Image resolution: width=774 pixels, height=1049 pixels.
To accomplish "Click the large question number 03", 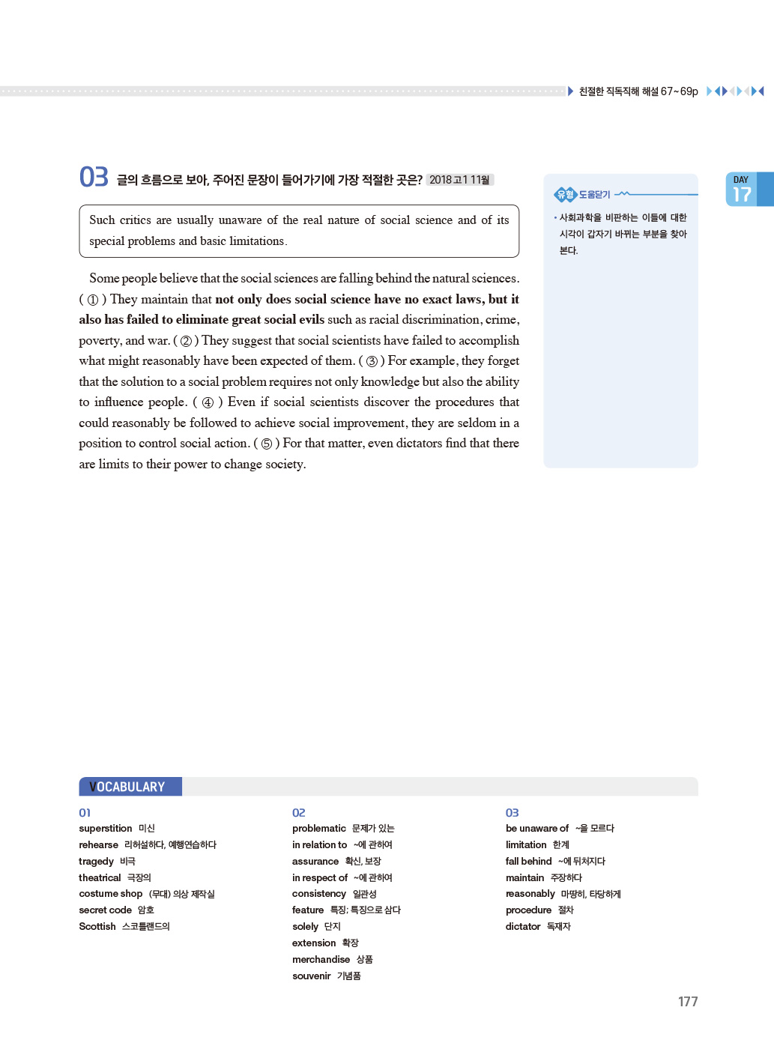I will [94, 177].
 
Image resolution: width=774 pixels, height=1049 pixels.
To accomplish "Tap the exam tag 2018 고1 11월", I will [459, 180].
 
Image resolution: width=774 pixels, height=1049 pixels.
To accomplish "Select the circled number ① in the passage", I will [93, 300].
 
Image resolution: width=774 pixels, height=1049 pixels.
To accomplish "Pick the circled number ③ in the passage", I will [372, 361].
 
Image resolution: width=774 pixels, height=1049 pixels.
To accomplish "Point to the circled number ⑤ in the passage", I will [266, 444].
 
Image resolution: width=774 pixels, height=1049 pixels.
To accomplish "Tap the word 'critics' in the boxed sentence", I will [135, 220].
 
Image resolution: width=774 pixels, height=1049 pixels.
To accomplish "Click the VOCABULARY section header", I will [130, 787].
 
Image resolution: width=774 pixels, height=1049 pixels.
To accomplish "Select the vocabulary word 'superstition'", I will [105, 829].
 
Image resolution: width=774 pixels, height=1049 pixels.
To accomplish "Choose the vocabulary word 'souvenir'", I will [311, 976].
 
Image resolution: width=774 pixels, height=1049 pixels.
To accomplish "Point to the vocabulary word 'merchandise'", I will [321, 960].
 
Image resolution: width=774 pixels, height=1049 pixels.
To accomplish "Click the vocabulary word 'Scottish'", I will [97, 927].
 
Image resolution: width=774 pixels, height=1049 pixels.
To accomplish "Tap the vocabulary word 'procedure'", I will [528, 910].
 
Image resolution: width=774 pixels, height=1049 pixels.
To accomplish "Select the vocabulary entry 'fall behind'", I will [528, 862].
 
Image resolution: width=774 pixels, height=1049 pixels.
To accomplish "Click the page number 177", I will [687, 1002].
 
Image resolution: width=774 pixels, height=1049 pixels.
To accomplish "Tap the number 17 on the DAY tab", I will [742, 195].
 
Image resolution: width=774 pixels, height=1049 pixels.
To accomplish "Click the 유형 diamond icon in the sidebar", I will [565, 195].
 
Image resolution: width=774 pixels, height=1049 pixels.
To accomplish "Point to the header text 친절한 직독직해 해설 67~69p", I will [638, 91].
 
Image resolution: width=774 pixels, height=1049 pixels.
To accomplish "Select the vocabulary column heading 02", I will [298, 813].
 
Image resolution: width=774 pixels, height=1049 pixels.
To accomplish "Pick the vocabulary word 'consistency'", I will [319, 894].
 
